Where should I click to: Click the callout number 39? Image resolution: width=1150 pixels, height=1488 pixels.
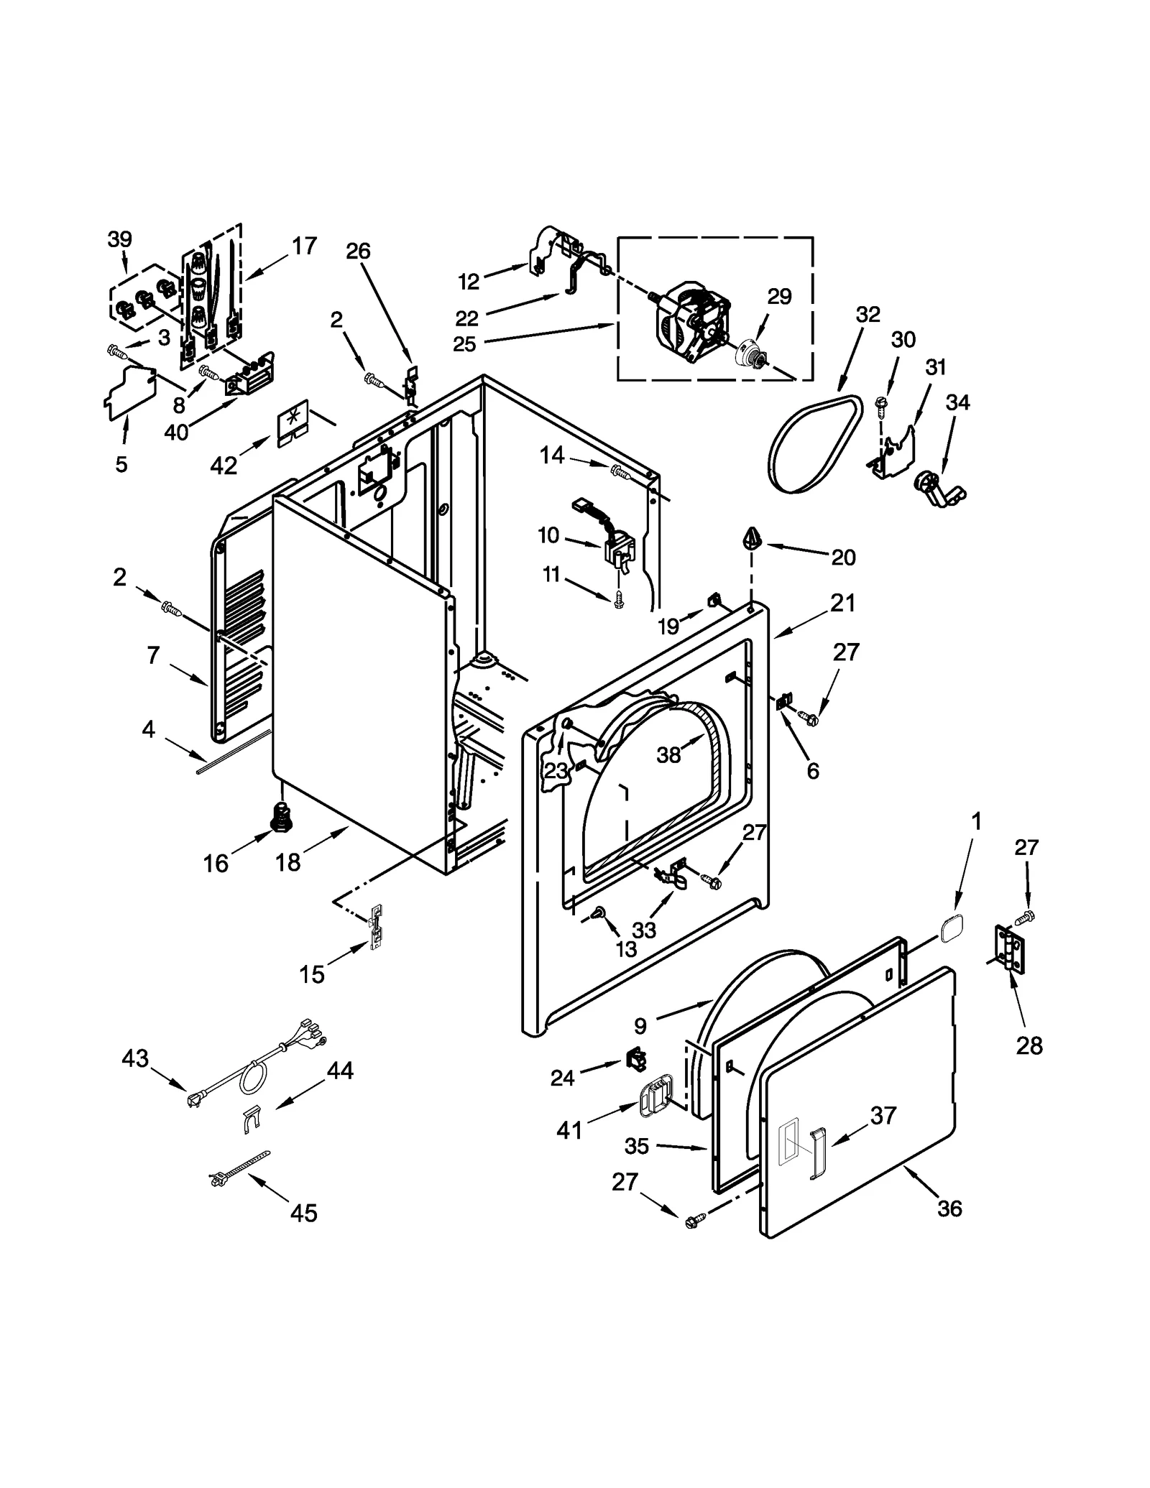[120, 239]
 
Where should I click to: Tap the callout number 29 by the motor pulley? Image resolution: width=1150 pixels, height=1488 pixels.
[779, 296]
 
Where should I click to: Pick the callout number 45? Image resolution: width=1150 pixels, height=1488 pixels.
[303, 1213]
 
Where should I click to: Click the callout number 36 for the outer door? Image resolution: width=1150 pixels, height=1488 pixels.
[949, 1209]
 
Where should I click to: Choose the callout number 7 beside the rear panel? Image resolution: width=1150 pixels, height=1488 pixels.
[153, 655]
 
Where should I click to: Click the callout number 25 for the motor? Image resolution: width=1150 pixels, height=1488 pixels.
[464, 344]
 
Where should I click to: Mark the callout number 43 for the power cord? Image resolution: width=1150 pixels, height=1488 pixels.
[135, 1058]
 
